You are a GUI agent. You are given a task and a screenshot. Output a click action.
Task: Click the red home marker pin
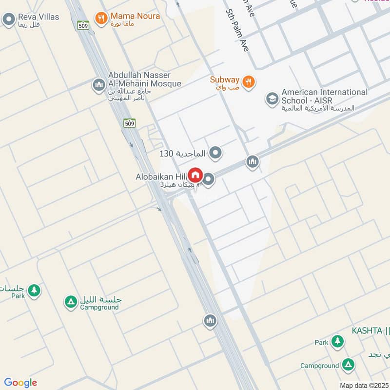pyautogui.click(x=195, y=175)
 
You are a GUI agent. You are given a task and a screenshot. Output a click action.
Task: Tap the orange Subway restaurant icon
pyautogui.click(x=248, y=82)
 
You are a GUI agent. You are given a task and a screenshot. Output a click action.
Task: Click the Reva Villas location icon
pyautogui.click(x=8, y=20)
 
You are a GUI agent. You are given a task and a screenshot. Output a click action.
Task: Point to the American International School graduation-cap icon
pyautogui.click(x=272, y=99)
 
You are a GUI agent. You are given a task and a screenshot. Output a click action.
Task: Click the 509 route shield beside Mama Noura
pyautogui.click(x=83, y=25)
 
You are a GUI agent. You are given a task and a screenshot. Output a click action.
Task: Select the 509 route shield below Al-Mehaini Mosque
pyautogui.click(x=129, y=123)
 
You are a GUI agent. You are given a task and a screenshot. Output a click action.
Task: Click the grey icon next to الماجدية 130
pyautogui.click(x=215, y=154)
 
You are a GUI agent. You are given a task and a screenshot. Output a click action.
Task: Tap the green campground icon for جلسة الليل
pyautogui.click(x=71, y=302)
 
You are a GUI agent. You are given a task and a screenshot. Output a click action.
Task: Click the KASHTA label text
pyautogui.click(x=367, y=331)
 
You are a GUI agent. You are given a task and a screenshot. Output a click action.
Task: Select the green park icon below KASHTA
pyautogui.click(x=337, y=342)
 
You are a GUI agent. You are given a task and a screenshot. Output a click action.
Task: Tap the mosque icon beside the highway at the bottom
pyautogui.click(x=210, y=321)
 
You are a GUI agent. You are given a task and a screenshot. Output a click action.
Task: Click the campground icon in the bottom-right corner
pyautogui.click(x=348, y=365)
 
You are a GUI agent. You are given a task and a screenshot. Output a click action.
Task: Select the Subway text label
pyautogui.click(x=225, y=79)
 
